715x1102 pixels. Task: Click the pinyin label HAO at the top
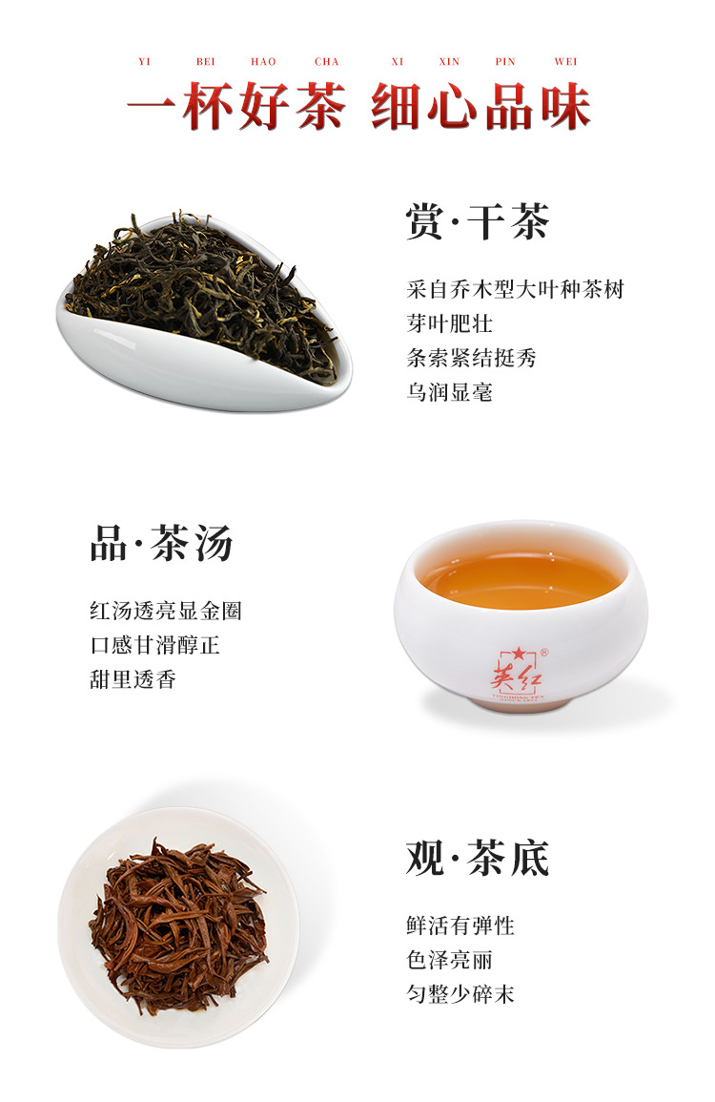(263, 62)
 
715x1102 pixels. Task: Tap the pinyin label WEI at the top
(565, 62)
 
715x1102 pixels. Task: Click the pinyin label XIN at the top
(449, 62)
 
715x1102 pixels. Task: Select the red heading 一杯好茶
(236, 108)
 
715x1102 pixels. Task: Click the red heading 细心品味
(480, 108)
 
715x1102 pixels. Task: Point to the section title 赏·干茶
(478, 222)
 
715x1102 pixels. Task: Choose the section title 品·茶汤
(161, 544)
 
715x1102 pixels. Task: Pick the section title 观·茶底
(478, 858)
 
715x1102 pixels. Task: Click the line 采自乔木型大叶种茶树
(515, 289)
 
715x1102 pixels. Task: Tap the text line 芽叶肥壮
(449, 323)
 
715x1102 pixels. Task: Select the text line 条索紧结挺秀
(471, 358)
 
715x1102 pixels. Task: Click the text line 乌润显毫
(449, 392)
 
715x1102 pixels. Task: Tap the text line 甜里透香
(133, 679)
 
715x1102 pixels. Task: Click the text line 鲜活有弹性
(460, 925)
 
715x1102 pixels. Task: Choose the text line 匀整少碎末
(460, 994)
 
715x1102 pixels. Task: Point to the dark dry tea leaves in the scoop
(205, 286)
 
